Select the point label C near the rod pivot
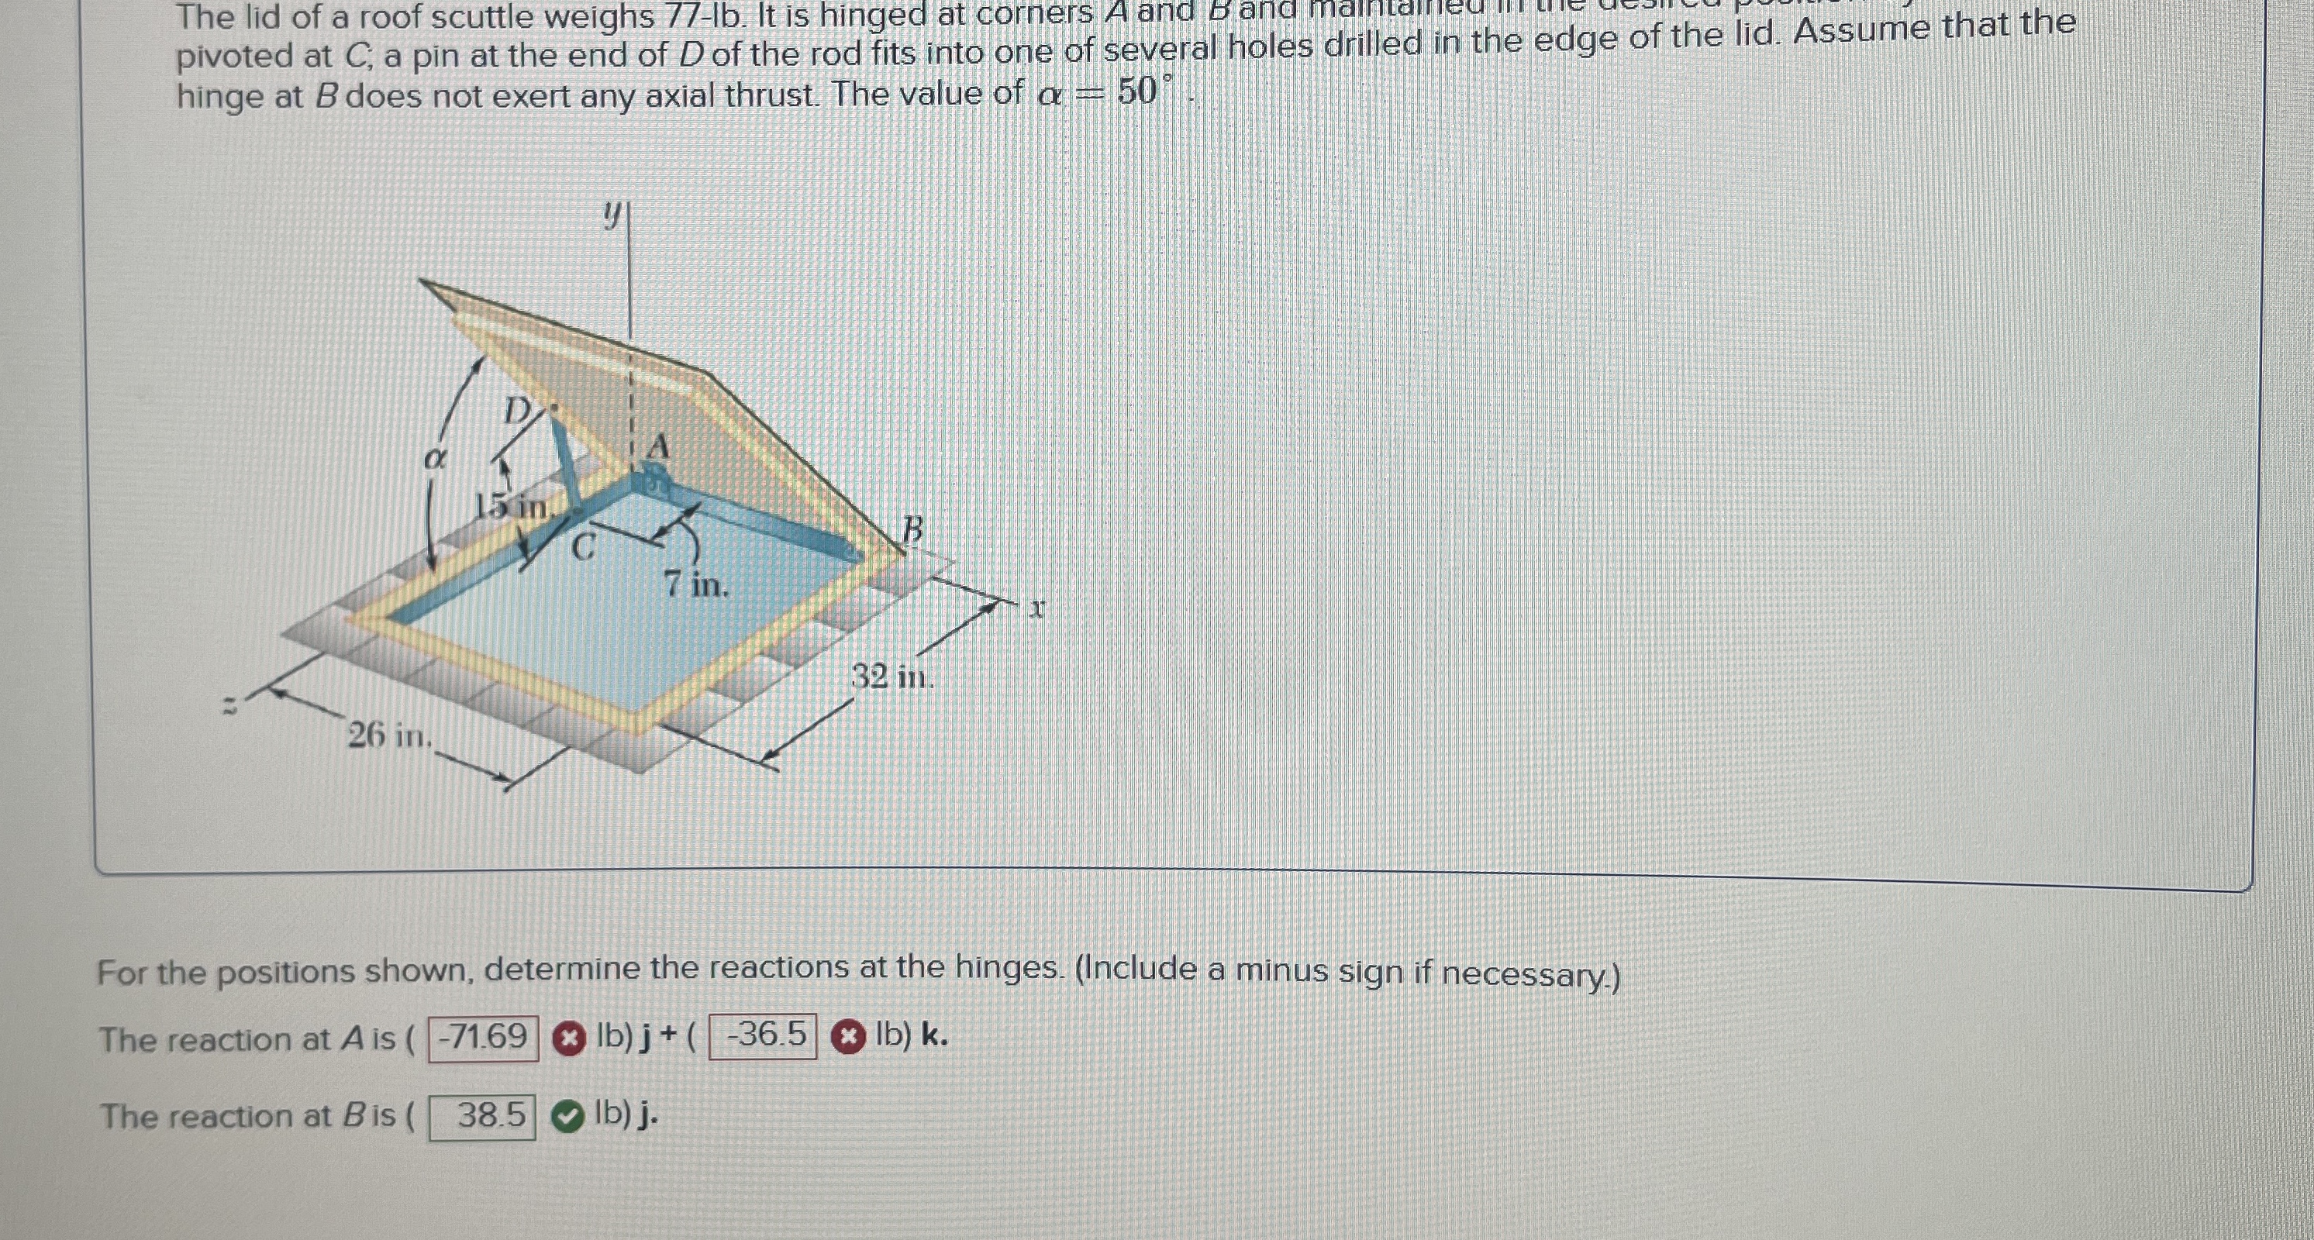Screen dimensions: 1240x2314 tap(584, 546)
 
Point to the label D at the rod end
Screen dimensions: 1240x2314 tap(517, 412)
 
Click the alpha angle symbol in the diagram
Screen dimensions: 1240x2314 tap(435, 459)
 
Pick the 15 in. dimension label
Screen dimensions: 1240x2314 tap(512, 508)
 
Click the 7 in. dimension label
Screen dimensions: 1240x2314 tap(697, 585)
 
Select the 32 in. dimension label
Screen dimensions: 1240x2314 tap(892, 676)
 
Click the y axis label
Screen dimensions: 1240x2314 tap(612, 214)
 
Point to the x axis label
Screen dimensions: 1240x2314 tap(1037, 610)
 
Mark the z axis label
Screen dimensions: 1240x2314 tap(230, 708)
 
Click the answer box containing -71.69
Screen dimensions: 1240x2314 tap(483, 1038)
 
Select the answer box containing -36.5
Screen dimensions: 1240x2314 tap(764, 1036)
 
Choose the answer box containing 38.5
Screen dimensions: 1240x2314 tap(482, 1116)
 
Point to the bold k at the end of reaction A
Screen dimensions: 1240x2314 tap(933, 1035)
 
